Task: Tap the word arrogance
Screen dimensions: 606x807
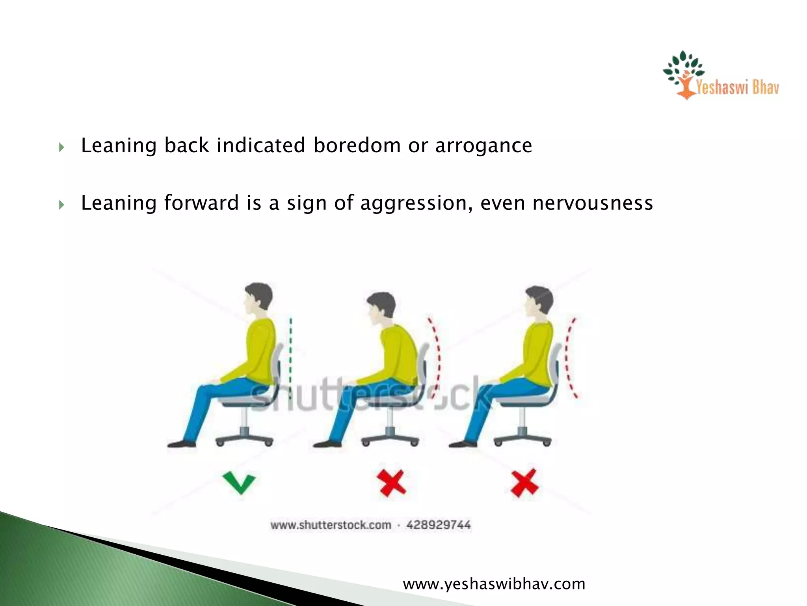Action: [483, 146]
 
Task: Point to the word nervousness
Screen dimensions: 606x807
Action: [593, 203]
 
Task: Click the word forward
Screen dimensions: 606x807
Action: [201, 203]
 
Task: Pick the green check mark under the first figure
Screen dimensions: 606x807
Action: [239, 483]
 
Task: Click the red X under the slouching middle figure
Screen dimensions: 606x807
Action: [391, 483]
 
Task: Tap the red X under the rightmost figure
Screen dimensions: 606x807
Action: [524, 483]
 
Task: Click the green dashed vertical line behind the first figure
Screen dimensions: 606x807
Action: [291, 355]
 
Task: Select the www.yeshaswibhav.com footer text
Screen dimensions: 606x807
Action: [494, 584]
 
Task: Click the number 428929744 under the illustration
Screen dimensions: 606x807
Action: [438, 525]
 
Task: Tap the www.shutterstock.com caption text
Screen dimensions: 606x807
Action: [331, 525]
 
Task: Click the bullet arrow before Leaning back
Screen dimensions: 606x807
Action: [61, 148]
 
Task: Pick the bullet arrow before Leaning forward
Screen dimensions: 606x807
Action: [61, 205]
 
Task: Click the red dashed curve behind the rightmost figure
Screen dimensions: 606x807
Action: [569, 357]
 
